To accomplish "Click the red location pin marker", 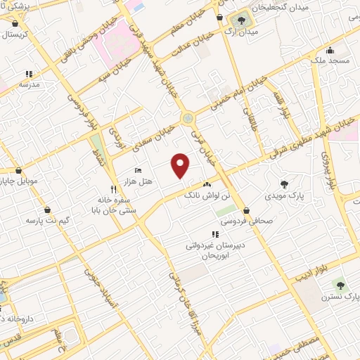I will pyautogui.click(x=181, y=165).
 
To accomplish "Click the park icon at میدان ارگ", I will pyautogui.click(x=242, y=20).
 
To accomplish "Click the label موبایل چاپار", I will pyautogui.click(x=28, y=181).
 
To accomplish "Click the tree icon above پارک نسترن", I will pyautogui.click(x=341, y=285).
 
